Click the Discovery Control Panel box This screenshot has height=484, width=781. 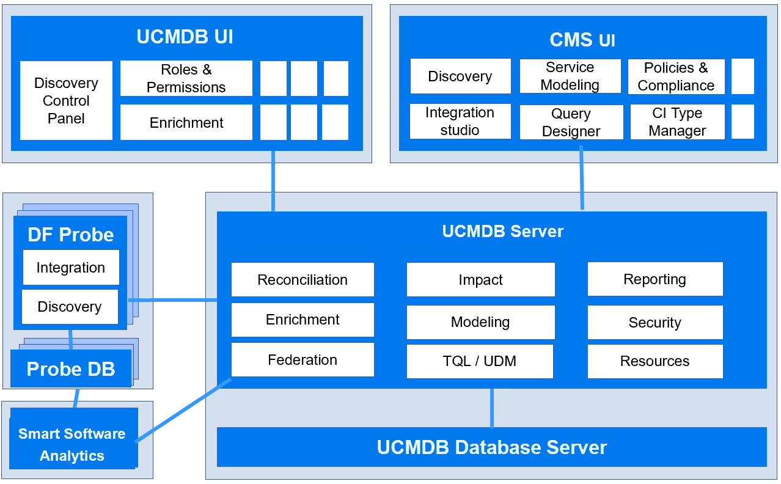[x=66, y=101]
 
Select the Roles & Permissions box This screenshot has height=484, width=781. [x=186, y=78]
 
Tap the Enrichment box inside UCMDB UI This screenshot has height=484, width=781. [x=186, y=122]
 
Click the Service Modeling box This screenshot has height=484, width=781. [x=570, y=76]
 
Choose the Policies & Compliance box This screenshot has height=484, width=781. [x=676, y=76]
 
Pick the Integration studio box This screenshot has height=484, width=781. [x=460, y=121]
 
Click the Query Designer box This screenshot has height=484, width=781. [x=571, y=122]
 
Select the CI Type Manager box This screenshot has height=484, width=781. [x=677, y=122]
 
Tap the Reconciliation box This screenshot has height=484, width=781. [x=302, y=279]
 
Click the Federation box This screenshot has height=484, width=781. [x=302, y=359]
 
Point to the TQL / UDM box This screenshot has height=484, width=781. [x=480, y=361]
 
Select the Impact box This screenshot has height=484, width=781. [x=480, y=280]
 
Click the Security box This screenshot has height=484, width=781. [x=654, y=323]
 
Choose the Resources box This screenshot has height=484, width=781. [x=654, y=361]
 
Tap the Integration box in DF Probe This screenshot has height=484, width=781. [x=70, y=268]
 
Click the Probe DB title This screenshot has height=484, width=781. [x=71, y=369]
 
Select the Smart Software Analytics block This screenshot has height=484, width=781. [x=73, y=444]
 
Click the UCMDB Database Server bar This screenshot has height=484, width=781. [x=491, y=447]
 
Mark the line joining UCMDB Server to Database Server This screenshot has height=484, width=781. [x=491, y=408]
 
